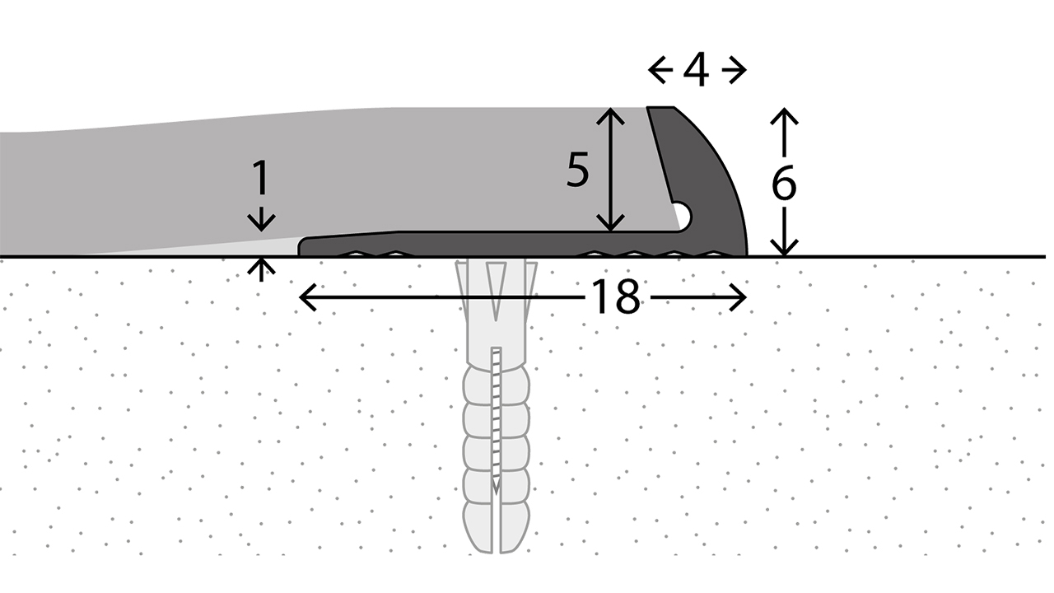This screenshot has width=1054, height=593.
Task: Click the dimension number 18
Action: tap(616, 296)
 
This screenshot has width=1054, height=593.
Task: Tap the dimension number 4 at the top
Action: tap(697, 71)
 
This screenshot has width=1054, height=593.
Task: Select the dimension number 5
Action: tap(578, 170)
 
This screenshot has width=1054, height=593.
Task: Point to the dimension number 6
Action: tap(784, 183)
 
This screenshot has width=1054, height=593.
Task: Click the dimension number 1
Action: tap(260, 177)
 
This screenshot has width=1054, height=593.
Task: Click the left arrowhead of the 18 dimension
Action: tap(308, 297)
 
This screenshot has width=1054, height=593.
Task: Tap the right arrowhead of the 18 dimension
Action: tap(738, 297)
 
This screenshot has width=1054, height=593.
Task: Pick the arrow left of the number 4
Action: tap(660, 71)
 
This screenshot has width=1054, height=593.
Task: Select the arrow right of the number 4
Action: tap(734, 71)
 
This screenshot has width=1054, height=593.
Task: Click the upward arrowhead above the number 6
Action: tap(784, 116)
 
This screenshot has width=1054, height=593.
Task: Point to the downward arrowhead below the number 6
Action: tap(784, 248)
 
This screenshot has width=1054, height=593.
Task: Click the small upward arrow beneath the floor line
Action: tap(261, 269)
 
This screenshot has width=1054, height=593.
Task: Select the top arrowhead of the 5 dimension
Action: tap(610, 116)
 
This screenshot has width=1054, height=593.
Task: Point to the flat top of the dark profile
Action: tap(660, 107)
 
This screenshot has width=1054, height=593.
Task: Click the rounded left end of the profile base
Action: tap(301, 248)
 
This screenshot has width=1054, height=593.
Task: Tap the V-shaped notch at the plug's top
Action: tap(497, 291)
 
